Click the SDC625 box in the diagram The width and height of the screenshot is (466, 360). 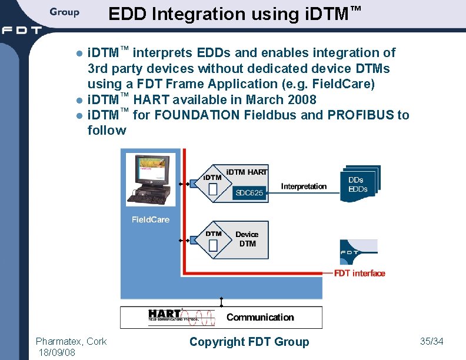point(249,192)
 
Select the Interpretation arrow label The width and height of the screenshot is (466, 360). point(304,186)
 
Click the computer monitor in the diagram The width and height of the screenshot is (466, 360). point(150,170)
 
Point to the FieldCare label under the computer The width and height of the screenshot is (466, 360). point(150,219)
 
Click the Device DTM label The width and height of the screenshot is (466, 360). point(247,239)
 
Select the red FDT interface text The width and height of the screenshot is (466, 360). point(360,273)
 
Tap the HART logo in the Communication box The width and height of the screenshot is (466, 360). point(164,316)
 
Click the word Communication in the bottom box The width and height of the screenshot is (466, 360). point(260,317)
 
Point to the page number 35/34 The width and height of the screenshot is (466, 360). point(432,341)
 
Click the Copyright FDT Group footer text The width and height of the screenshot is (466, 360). point(249,342)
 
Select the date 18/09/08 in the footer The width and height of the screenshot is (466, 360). point(56,352)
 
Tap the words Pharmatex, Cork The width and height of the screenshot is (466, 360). point(71,341)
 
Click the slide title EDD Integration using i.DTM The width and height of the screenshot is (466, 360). point(234,14)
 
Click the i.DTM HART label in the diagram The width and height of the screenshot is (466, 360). point(247,172)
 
